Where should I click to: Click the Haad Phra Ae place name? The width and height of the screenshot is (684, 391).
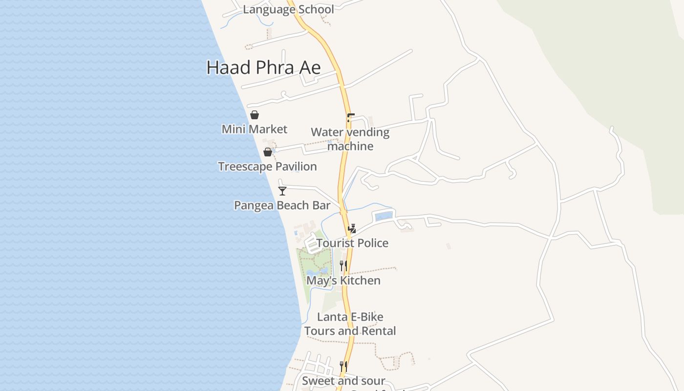coord(263,67)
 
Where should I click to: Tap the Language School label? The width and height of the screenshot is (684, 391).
coord(288,9)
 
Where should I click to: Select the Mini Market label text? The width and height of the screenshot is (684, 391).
coord(255,129)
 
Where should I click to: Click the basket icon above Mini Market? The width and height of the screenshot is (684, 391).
coord(255,115)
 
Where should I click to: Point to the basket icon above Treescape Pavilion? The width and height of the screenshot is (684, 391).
coord(268,152)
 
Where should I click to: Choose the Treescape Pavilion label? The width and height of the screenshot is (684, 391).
coord(267,167)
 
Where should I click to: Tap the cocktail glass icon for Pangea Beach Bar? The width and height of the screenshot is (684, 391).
coord(282,191)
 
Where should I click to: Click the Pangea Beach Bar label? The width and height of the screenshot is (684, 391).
coord(282,205)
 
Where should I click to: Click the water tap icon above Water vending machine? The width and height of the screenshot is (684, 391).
coord(350,118)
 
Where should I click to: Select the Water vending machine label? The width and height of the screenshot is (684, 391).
coord(350,139)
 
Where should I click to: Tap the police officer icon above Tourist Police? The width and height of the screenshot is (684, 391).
coord(352,228)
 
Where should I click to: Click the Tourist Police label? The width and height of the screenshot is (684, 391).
coord(352,243)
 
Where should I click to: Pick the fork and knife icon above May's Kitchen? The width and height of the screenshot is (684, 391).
coord(343,266)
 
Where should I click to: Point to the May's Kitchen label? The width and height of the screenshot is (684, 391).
coord(343,281)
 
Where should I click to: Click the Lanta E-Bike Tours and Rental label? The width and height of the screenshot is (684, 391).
coord(350,324)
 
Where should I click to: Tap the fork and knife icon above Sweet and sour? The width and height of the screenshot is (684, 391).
coord(343,367)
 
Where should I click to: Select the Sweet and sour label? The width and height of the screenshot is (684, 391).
coord(343,381)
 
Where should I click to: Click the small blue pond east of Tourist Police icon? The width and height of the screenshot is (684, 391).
coord(384,216)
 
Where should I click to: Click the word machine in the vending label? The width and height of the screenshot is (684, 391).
coord(350,146)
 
